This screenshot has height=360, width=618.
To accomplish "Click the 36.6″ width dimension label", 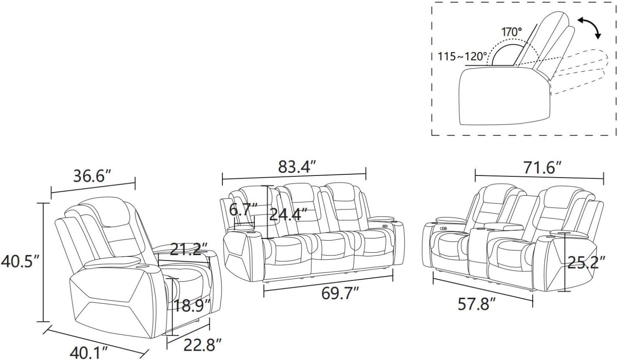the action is pos(92,176).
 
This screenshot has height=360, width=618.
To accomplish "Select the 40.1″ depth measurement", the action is pos(88,353).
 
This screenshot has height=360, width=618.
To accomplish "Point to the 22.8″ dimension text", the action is pos(203,345).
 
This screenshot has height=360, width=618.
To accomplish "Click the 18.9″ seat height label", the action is pos(192,306).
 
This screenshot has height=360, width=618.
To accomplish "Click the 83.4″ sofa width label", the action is pos(297,167).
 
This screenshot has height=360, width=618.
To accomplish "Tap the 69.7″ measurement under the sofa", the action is pos(341,293).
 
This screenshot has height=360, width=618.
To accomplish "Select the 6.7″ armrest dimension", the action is pos(243,210).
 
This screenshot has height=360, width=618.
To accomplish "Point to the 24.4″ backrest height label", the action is pos(288,214).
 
